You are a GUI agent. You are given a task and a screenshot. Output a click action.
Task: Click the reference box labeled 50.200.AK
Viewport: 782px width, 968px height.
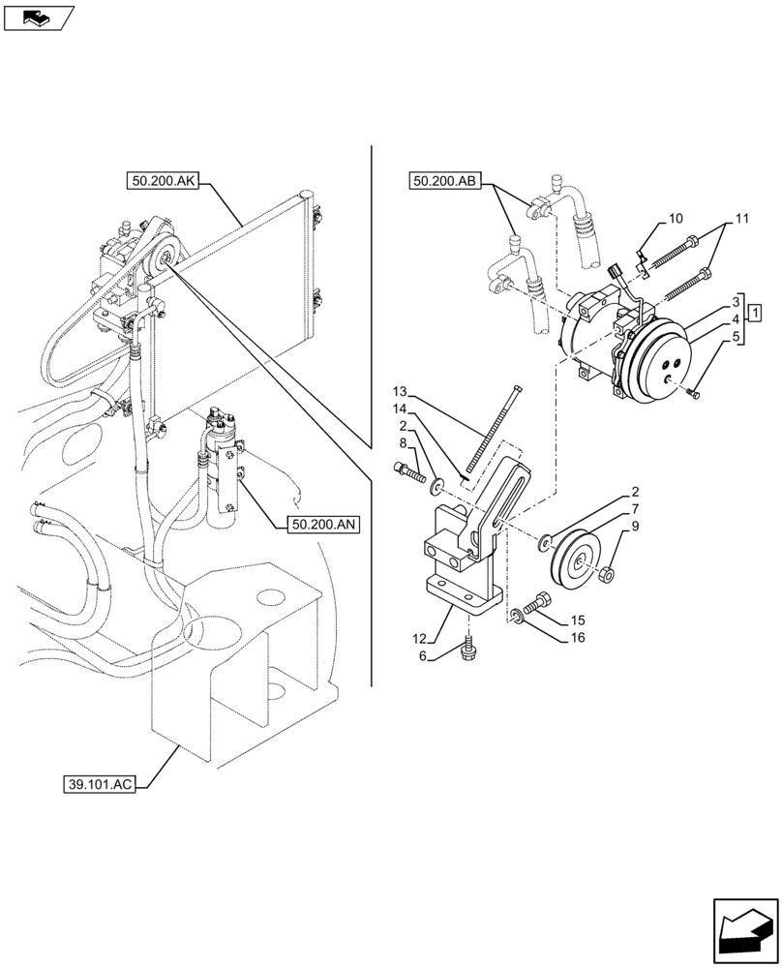[162, 181]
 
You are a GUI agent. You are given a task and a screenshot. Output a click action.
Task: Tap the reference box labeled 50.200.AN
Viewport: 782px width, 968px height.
[323, 525]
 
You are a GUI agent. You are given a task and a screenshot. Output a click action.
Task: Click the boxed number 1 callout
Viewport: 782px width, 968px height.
[753, 313]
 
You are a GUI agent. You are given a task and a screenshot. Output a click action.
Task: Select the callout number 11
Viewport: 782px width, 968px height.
[741, 220]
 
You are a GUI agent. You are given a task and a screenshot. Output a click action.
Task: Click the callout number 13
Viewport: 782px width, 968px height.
[401, 391]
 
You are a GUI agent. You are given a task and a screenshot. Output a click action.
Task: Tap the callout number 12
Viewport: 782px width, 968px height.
[416, 637]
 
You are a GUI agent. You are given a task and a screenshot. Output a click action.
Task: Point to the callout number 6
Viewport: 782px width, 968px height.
[422, 655]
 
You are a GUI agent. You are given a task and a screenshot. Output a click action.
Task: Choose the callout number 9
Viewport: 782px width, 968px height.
[635, 526]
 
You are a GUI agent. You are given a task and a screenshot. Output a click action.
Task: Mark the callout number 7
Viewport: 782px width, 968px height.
[635, 509]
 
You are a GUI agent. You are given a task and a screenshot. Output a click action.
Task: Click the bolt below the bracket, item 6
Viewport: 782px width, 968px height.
[469, 644]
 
